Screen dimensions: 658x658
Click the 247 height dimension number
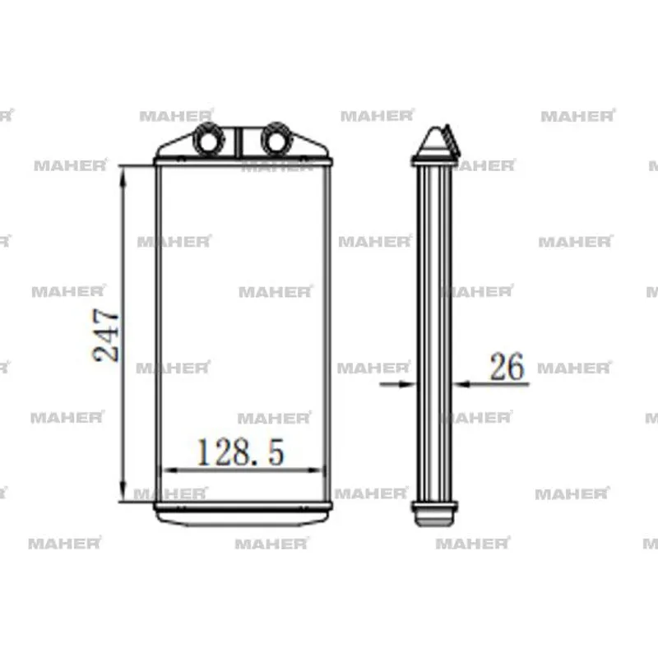point(106,335)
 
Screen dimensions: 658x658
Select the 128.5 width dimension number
point(240,452)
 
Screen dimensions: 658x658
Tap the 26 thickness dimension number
point(507,366)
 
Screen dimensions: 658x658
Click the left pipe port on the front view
point(208,139)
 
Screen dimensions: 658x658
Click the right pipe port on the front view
point(276,139)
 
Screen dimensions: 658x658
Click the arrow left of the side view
point(397,383)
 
